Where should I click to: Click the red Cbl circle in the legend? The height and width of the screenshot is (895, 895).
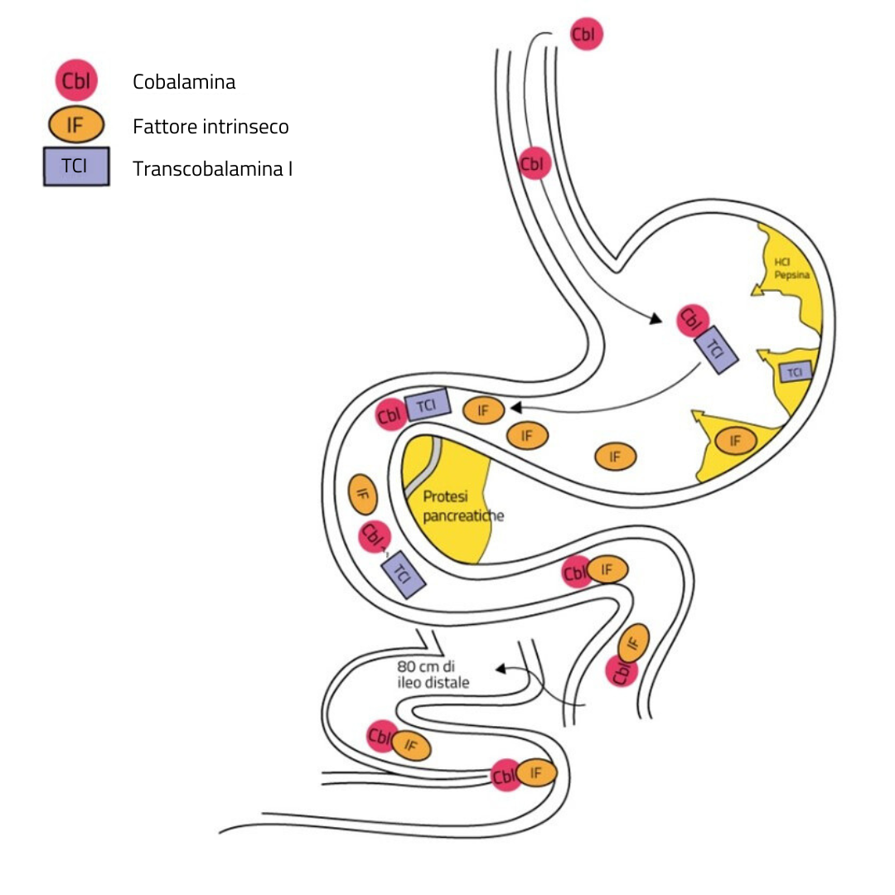click(76, 81)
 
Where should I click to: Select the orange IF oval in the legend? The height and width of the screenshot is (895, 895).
click(75, 126)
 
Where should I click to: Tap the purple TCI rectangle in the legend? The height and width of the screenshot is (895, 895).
click(76, 169)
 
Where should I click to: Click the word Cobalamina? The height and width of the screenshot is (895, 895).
click(184, 82)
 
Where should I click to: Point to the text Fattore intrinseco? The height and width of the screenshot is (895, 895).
click(210, 127)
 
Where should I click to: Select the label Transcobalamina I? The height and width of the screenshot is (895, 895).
click(212, 170)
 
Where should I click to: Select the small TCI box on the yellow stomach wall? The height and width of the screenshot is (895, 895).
click(795, 372)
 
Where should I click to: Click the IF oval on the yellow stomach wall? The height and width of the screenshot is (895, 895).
click(735, 441)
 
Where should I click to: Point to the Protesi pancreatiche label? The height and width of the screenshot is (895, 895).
click(462, 506)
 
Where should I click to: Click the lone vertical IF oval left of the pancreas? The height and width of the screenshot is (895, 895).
click(363, 495)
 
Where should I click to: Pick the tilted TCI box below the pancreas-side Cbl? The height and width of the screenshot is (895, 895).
click(403, 574)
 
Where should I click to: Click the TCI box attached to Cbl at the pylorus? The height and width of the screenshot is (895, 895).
click(427, 405)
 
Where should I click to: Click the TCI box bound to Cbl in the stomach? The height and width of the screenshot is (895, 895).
click(716, 349)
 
